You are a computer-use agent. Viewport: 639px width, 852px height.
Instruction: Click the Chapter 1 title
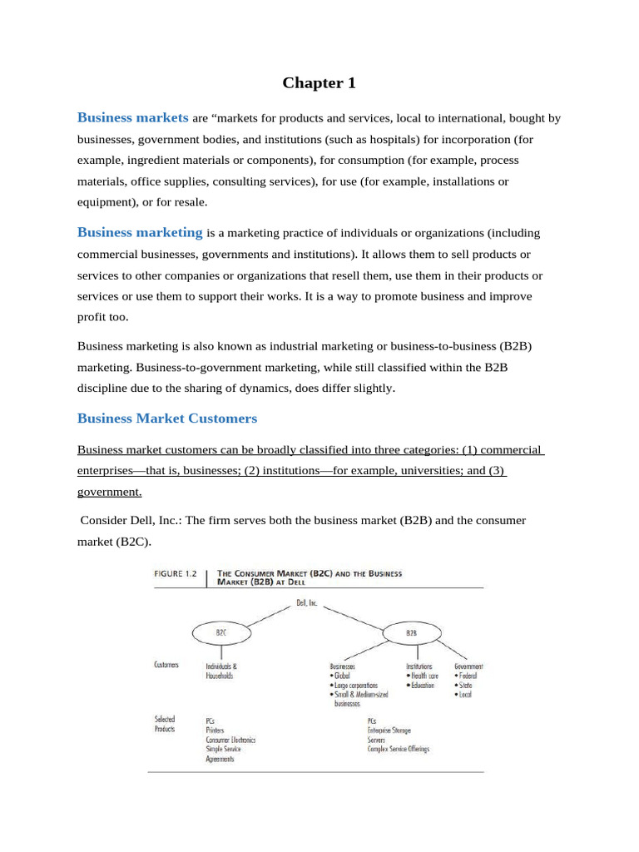[312, 82]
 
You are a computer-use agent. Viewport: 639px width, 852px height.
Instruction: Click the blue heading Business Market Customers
[167, 418]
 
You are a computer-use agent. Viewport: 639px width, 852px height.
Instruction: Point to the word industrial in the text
[305, 346]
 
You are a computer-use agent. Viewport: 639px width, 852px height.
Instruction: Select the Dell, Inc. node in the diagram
[307, 603]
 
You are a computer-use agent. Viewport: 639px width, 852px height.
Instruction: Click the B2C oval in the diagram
[220, 632]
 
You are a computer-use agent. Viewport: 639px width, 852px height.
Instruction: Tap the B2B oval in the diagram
[411, 632]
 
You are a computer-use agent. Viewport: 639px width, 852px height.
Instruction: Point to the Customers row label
[166, 666]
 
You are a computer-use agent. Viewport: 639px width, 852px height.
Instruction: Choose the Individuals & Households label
[221, 671]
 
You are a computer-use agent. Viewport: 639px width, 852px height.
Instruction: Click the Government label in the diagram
[468, 666]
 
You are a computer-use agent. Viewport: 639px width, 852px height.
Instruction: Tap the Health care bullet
[425, 676]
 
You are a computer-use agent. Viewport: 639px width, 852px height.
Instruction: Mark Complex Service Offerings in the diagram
[399, 749]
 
